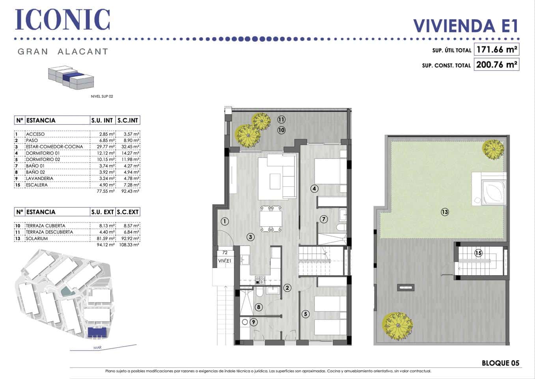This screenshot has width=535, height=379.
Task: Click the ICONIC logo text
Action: point(62,20)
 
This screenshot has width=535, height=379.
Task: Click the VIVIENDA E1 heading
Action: point(465,26)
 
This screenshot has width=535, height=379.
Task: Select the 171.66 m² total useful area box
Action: point(496,50)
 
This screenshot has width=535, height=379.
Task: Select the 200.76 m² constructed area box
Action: point(496,64)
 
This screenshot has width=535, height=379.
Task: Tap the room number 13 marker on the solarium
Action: point(445,212)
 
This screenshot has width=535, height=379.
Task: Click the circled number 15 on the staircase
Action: point(478,253)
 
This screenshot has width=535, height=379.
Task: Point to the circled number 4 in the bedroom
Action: point(314,189)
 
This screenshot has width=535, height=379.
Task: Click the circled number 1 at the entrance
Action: point(225,221)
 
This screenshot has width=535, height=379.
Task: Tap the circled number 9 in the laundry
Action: point(254,322)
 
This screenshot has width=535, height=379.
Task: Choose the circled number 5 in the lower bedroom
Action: point(306,314)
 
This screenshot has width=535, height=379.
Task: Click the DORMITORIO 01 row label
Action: point(43,153)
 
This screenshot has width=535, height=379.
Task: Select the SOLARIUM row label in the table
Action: point(37,238)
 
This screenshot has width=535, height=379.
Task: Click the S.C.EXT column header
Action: point(128,212)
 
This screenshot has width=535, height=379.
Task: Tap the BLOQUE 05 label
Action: point(500,363)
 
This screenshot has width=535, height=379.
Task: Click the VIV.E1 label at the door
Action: point(225,261)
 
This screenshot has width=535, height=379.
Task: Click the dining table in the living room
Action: point(271,218)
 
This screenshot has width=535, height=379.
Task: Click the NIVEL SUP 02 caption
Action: point(102,96)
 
